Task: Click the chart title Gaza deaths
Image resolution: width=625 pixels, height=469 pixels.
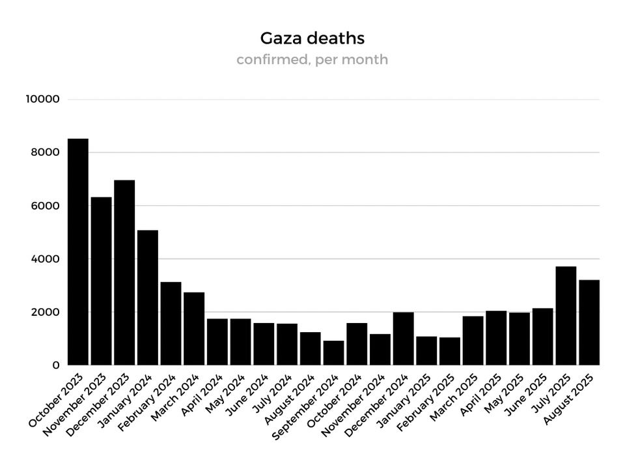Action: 312,38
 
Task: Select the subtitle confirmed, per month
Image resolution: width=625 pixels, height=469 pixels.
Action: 312,60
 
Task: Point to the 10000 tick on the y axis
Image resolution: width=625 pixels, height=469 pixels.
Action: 43,99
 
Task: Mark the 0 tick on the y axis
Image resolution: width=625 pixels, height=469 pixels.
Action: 56,365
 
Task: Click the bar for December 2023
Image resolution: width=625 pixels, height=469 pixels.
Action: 124,273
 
